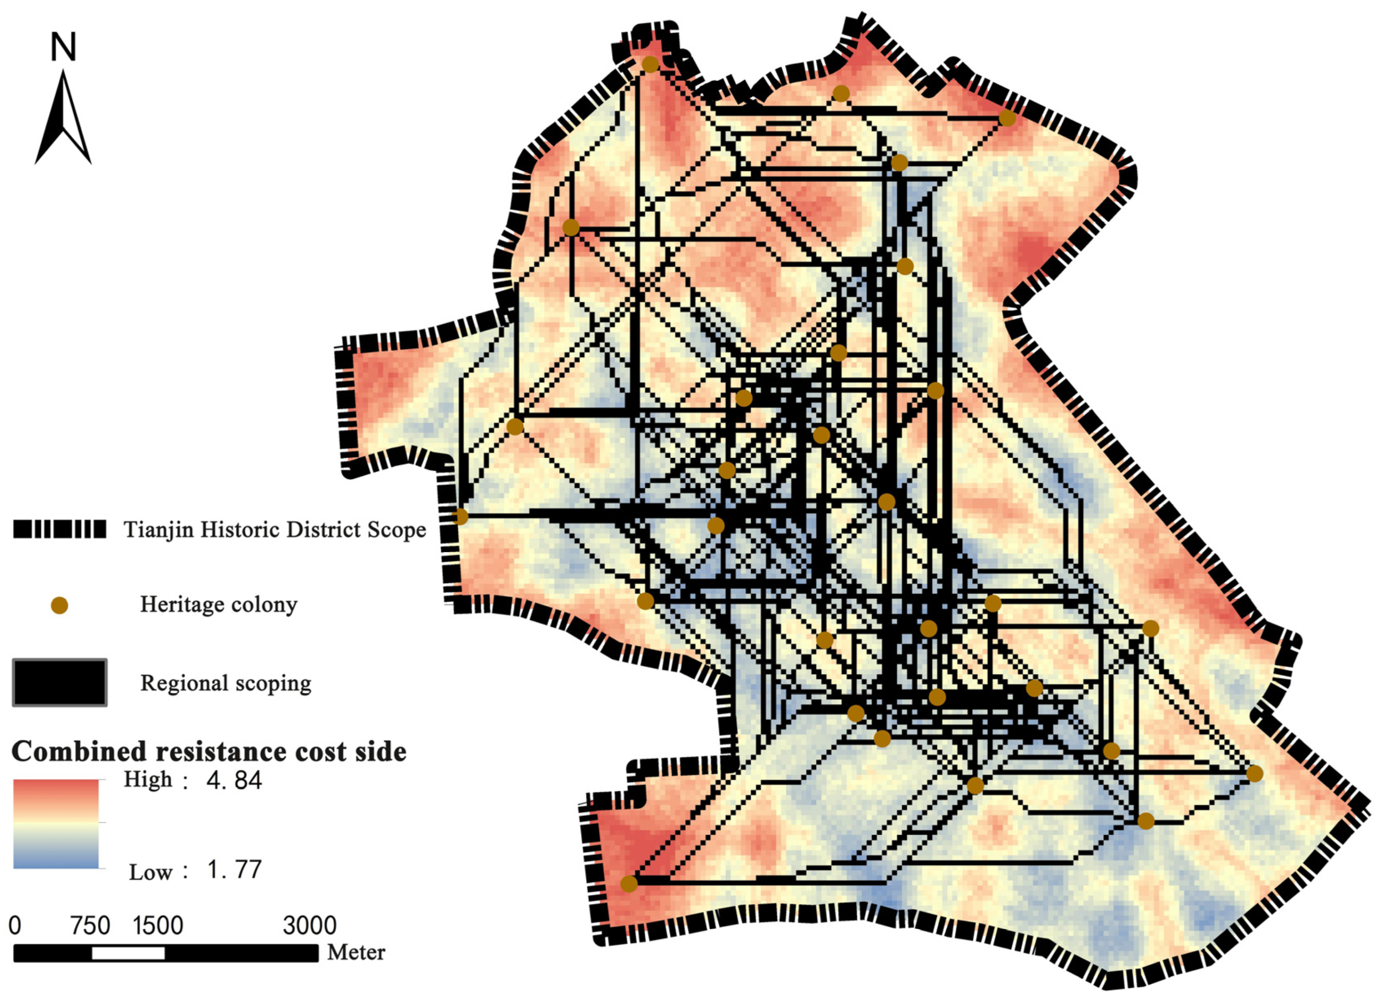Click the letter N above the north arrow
[63, 47]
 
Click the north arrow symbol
[63, 119]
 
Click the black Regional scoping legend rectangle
[60, 682]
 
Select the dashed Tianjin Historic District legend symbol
[60, 529]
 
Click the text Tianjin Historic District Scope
[275, 530]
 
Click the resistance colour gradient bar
[56, 824]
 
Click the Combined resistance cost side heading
[208, 752]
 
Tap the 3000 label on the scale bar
[309, 925]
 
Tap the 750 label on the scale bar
[90, 925]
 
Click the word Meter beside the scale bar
[356, 952]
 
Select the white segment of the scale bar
[128, 953]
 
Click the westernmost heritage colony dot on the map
[460, 517]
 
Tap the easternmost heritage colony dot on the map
[1254, 774]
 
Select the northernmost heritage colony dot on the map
[650, 64]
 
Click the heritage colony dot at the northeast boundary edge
[1007, 118]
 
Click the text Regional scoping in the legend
[226, 683]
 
